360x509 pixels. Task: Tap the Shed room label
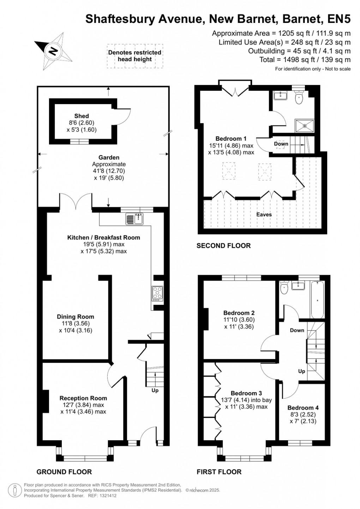(82, 116)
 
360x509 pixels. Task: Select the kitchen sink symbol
(134, 219)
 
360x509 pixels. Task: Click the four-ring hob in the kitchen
(157, 293)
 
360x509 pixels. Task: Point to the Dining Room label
(76, 317)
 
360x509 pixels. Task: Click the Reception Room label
(83, 398)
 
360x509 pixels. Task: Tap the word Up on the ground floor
(155, 390)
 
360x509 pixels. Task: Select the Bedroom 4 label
(303, 408)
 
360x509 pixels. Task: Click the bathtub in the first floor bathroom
(317, 300)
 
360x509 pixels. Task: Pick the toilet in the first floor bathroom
(284, 288)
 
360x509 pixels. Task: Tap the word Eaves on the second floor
(264, 215)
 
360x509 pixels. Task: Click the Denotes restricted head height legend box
(135, 56)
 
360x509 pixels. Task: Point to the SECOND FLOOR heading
(223, 246)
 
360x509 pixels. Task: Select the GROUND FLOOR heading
(64, 472)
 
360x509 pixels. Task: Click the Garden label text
(109, 158)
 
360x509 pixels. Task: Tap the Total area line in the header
(305, 60)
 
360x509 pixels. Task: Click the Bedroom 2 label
(239, 313)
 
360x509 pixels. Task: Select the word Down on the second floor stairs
(281, 144)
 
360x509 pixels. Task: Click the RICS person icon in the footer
(15, 490)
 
